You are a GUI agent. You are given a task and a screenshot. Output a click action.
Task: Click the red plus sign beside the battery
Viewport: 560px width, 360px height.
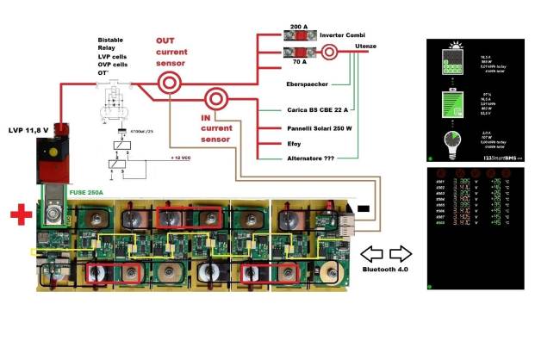click(x=17, y=213)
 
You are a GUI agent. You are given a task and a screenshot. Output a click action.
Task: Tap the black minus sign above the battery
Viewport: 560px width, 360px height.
click(x=364, y=208)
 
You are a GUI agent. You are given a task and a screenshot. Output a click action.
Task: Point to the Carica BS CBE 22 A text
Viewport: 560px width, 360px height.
click(x=315, y=110)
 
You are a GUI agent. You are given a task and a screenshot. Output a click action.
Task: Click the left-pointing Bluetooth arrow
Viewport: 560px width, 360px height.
click(x=371, y=254)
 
